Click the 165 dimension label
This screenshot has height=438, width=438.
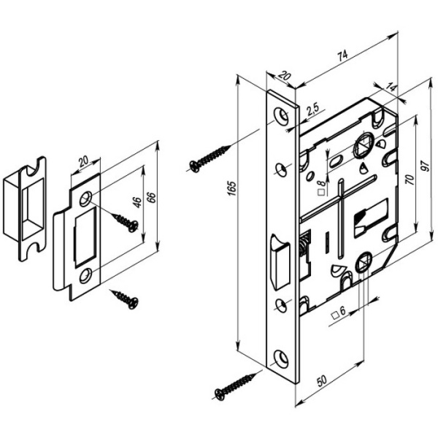tap(232, 188)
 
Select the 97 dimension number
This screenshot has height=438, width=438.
tap(426, 166)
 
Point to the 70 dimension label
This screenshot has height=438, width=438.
tap(410, 179)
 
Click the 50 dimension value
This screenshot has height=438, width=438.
tap(321, 380)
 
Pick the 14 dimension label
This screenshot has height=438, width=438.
tap(391, 88)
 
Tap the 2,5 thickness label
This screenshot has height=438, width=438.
tap(312, 109)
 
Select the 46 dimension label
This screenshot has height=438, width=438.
tap(137, 202)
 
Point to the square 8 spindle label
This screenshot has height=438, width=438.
tap(321, 188)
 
